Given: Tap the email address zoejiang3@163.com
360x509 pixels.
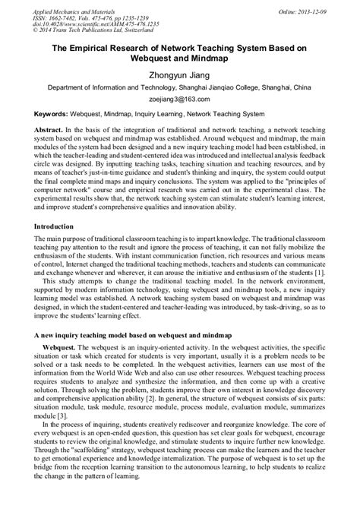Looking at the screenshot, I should click(x=180, y=99).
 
